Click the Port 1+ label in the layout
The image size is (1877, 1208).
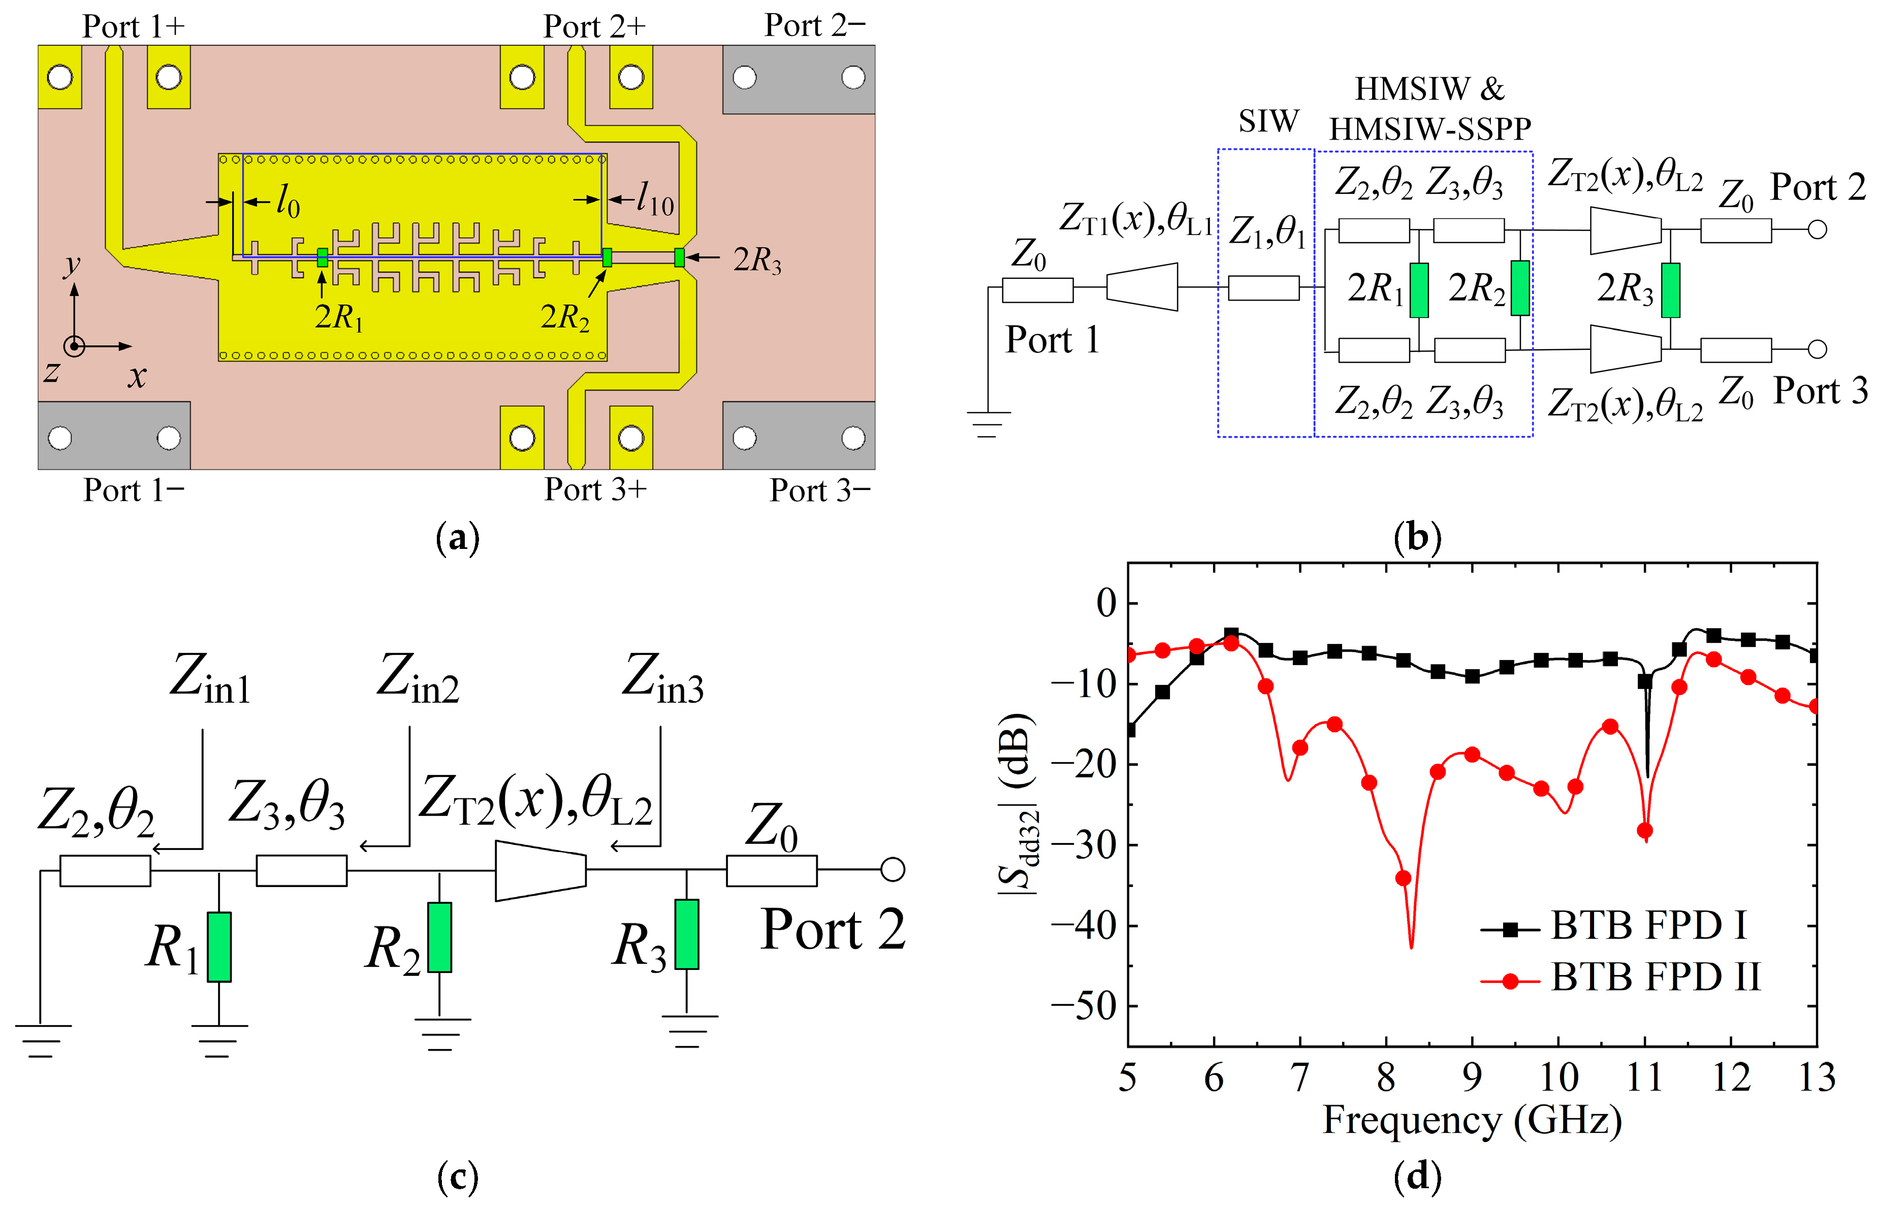(134, 27)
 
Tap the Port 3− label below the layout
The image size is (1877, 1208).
(819, 491)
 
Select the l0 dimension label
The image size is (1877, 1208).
(287, 203)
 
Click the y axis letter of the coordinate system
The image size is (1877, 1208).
(72, 265)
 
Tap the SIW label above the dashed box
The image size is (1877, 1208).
(1268, 121)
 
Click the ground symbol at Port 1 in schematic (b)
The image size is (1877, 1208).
(988, 423)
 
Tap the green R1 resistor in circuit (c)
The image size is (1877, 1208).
(219, 947)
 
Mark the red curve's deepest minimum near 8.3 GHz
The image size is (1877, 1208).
(1412, 947)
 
